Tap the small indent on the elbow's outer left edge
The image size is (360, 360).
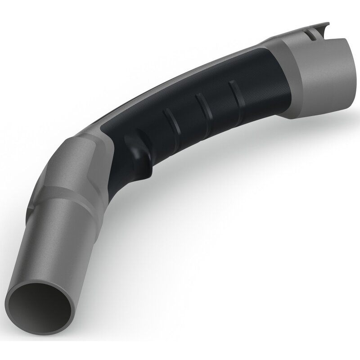31,209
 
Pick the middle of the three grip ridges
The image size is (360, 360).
203,104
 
